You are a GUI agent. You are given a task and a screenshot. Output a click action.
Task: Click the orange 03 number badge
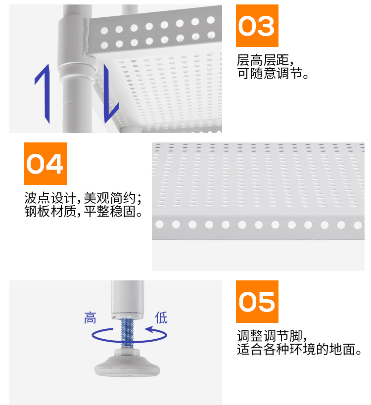pos(257,26)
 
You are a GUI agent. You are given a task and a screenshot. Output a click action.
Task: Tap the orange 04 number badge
pos(46,164)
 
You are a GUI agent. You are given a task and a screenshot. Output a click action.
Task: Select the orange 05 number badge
pos(257,302)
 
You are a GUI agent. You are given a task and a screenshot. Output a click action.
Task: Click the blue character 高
pos(90,317)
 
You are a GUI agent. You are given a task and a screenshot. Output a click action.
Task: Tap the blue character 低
pos(161,317)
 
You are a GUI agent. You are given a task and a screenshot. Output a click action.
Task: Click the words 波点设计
pos(50,198)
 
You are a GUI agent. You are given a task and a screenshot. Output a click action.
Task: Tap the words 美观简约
pos(109,198)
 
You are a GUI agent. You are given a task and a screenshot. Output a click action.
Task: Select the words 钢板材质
pos(50,211)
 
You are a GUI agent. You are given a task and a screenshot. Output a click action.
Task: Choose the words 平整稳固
pos(109,211)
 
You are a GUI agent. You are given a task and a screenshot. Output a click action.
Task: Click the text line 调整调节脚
pos(270,336)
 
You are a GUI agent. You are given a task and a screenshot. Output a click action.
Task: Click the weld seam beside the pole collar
pos(86,37)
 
